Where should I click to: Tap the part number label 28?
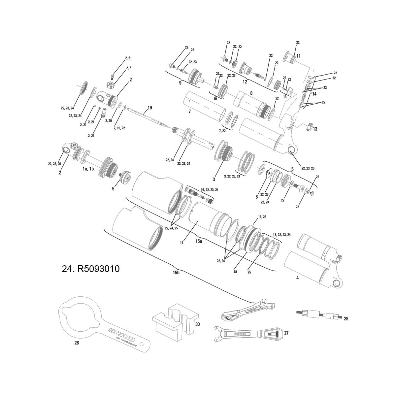click(77, 343)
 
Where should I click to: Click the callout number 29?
click(346, 319)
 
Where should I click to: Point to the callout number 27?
click(286, 333)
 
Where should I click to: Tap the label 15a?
click(198, 242)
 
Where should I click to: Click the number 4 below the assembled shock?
click(297, 278)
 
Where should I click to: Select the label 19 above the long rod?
click(149, 108)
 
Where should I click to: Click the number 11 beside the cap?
click(298, 55)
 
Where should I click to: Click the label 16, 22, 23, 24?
click(210, 190)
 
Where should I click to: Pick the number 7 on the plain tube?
click(189, 112)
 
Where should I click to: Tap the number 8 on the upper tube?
click(251, 93)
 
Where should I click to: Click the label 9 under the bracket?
click(180, 83)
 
